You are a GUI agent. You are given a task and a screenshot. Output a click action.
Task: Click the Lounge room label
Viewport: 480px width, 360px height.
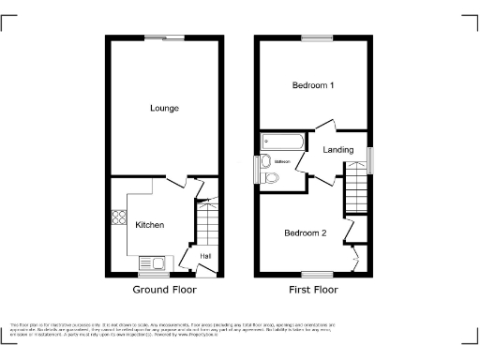164,109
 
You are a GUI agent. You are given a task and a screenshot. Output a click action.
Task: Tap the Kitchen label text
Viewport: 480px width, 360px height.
150,225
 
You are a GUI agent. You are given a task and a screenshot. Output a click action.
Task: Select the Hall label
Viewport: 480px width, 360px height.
204,254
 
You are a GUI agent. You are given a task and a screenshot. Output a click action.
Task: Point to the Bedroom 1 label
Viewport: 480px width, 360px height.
313,85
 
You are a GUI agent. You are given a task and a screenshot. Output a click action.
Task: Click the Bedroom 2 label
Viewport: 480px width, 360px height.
306,232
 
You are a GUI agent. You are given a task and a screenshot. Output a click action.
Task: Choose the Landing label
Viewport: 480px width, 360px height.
337,150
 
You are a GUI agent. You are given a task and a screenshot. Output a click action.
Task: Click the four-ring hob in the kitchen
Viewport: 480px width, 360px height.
120,217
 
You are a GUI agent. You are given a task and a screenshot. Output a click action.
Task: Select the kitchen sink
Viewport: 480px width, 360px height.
152,263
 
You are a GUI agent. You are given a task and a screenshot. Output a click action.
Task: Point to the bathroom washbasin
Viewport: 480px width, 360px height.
266,159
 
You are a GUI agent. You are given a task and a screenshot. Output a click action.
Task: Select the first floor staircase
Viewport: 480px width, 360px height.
357,187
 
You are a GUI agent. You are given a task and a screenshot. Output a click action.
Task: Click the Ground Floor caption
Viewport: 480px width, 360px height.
164,291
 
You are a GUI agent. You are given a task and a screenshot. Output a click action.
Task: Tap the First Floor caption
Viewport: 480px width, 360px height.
313,291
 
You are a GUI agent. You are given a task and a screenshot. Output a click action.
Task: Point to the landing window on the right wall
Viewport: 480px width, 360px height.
369,160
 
